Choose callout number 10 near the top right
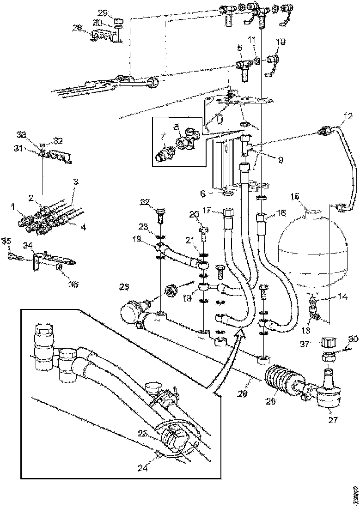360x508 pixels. click(280, 42)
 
